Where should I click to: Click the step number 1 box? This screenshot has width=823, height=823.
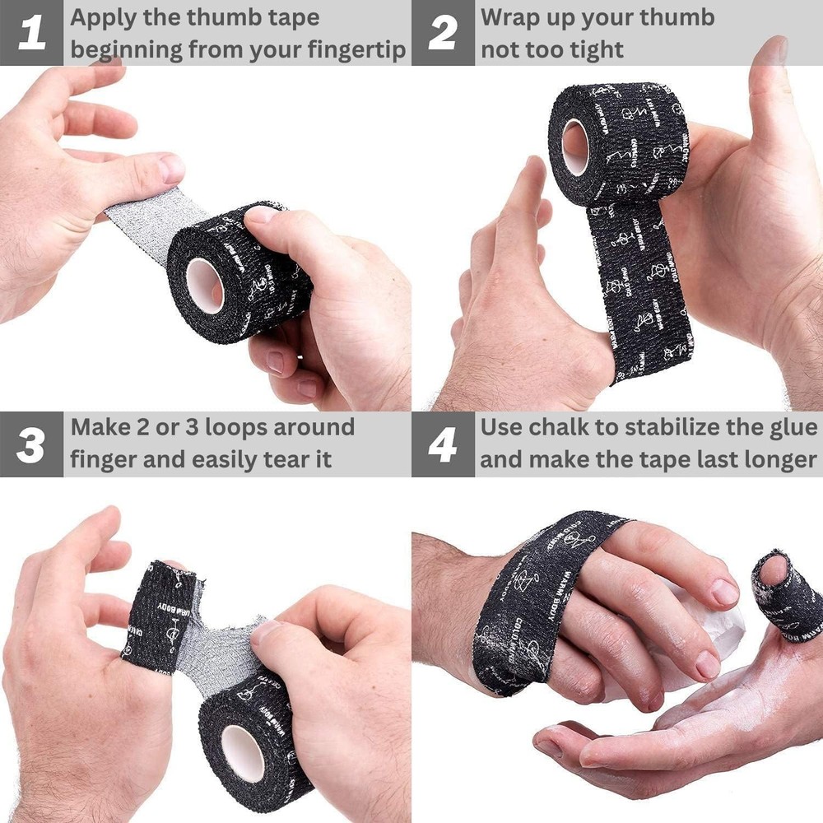click(31, 33)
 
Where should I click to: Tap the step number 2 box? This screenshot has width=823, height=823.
click(443, 33)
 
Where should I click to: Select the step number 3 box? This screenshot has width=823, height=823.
click(31, 444)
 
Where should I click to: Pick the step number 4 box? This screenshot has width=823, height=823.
click(443, 444)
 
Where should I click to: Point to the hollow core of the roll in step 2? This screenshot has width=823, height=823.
click(575, 146)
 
